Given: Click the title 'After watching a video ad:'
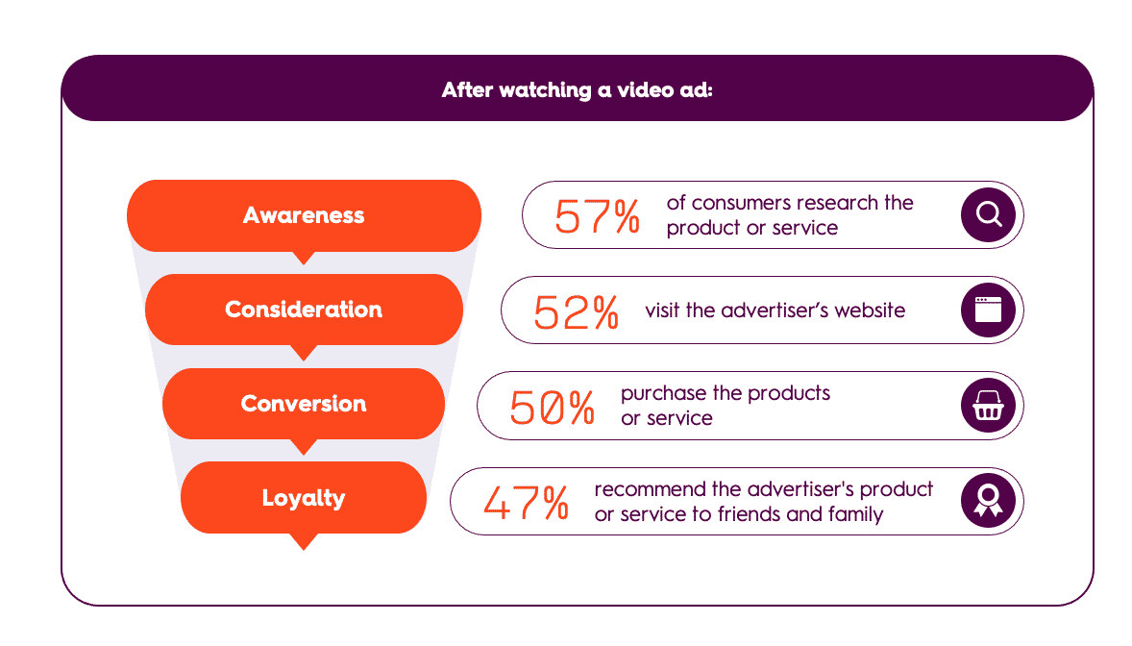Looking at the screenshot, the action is click(x=577, y=89).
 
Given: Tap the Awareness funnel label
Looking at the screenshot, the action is click(x=304, y=215).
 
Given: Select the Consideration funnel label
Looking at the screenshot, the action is click(x=304, y=310).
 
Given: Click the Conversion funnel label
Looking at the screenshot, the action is click(x=304, y=403).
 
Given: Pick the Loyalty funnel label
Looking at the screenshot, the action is click(x=304, y=498).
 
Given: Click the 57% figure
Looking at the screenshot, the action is click(x=597, y=216).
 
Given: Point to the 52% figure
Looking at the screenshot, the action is click(x=576, y=312).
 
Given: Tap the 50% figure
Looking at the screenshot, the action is click(x=552, y=408).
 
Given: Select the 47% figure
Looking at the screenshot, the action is click(x=526, y=503).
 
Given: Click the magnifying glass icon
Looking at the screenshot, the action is click(x=988, y=214).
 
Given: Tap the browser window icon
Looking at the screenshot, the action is click(x=988, y=310).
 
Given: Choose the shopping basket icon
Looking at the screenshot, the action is click(x=988, y=406).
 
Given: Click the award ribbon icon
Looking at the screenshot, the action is click(x=988, y=501).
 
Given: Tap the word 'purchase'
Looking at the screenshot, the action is click(x=664, y=394).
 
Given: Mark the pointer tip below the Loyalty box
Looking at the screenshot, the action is click(x=304, y=550).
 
